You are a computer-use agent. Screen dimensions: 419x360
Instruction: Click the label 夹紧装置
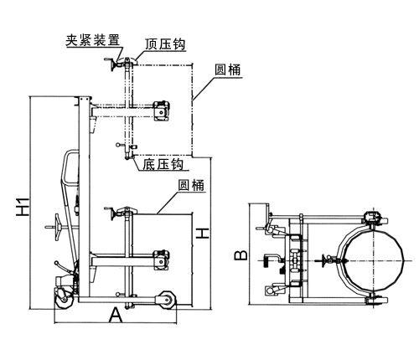[x=92, y=40]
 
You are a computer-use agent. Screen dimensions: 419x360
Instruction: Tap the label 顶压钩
[x=165, y=44]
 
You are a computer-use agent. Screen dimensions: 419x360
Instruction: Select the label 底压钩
[x=163, y=164]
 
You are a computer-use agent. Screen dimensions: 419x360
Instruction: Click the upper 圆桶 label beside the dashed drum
[x=227, y=69]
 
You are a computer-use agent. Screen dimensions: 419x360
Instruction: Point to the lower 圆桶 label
[x=191, y=185]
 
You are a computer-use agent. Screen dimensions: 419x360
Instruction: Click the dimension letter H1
[x=23, y=207]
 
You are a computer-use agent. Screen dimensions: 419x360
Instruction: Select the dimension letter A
[x=116, y=315]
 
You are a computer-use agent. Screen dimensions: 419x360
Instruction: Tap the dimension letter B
[x=241, y=255]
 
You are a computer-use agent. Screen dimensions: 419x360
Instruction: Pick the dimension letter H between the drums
[x=202, y=234]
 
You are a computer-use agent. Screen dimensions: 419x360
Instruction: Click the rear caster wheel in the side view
[x=64, y=300]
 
